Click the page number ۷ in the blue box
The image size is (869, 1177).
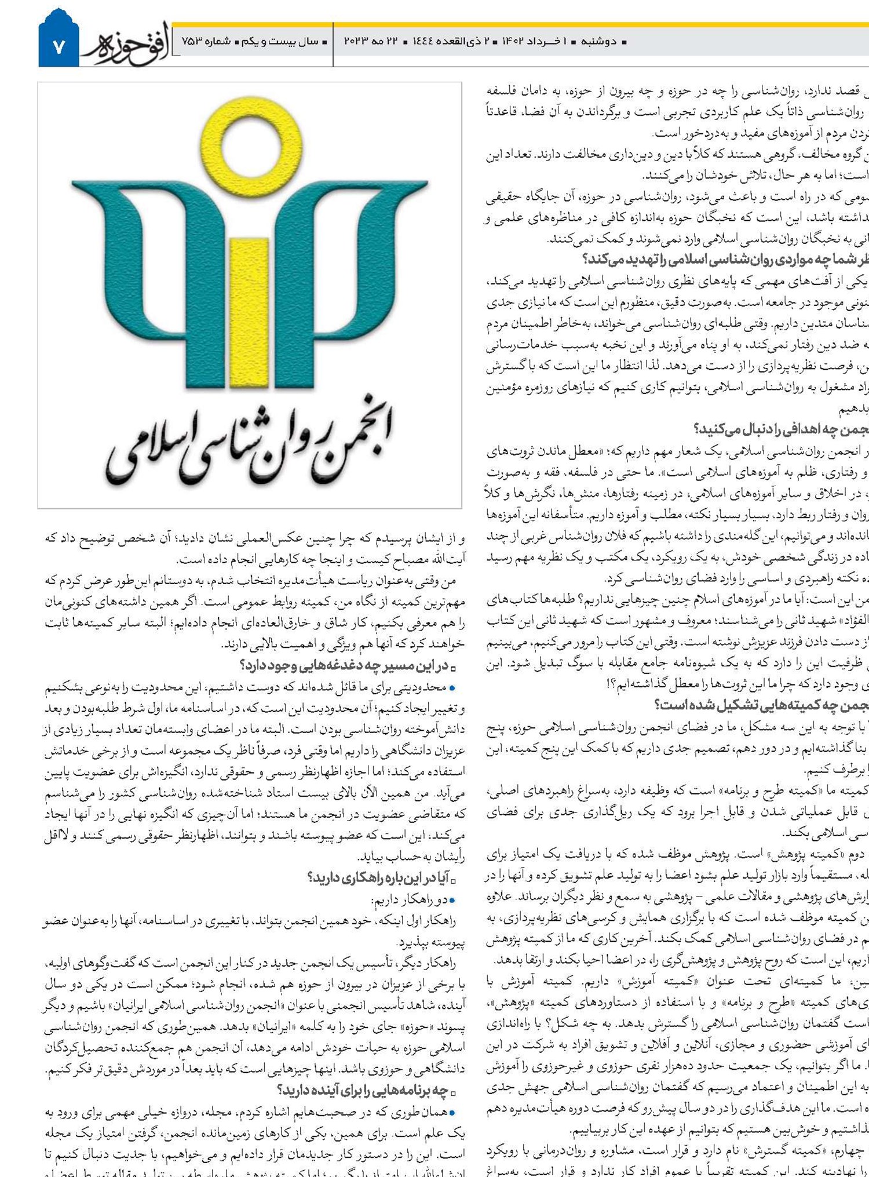(59, 47)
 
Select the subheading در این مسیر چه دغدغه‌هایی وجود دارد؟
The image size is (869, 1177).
(344, 666)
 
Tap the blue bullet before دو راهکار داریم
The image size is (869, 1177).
(452, 901)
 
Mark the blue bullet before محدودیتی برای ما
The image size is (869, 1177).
(452, 688)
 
